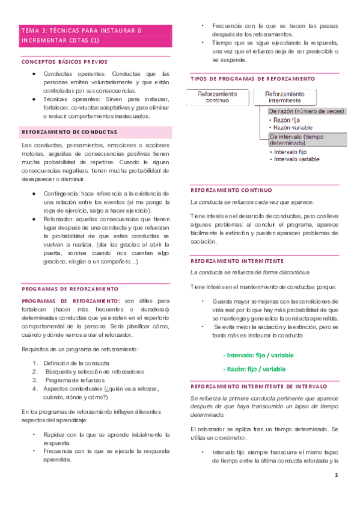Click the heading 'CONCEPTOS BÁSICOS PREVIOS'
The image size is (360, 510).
click(64, 61)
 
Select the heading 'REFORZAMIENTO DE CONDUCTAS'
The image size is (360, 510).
click(69, 131)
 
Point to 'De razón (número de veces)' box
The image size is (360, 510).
click(306, 111)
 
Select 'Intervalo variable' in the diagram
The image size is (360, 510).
click(296, 159)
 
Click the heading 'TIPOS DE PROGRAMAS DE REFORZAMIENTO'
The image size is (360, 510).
click(252, 79)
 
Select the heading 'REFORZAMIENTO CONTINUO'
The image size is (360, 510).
click(231, 189)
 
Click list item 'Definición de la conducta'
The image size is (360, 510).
click(76, 363)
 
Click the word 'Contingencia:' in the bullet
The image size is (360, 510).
click(63, 194)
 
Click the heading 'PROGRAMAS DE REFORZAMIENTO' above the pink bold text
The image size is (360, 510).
click(70, 289)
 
